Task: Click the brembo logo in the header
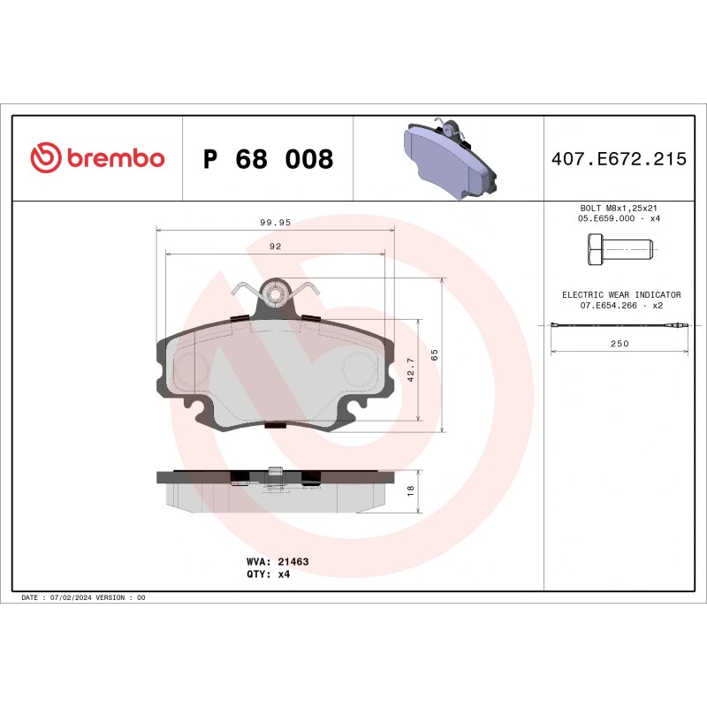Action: (97, 158)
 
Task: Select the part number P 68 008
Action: (268, 159)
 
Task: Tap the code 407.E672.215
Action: (618, 159)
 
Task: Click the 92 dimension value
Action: (275, 247)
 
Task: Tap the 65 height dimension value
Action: (434, 354)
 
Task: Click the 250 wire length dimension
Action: (620, 344)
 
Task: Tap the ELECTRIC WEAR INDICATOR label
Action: (621, 294)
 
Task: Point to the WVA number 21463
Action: (293, 561)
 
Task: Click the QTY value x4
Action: (284, 574)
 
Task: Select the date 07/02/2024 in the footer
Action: (79, 598)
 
